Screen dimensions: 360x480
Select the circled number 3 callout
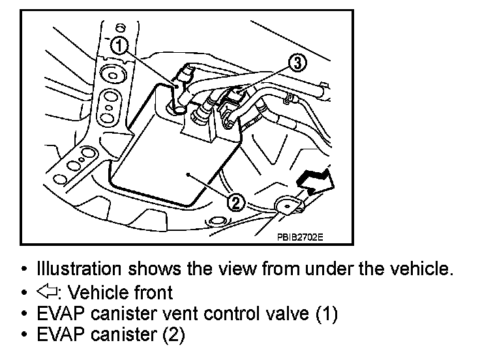click(x=295, y=63)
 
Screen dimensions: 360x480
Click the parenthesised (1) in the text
click(x=326, y=314)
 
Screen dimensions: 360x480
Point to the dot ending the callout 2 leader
click(x=187, y=175)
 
